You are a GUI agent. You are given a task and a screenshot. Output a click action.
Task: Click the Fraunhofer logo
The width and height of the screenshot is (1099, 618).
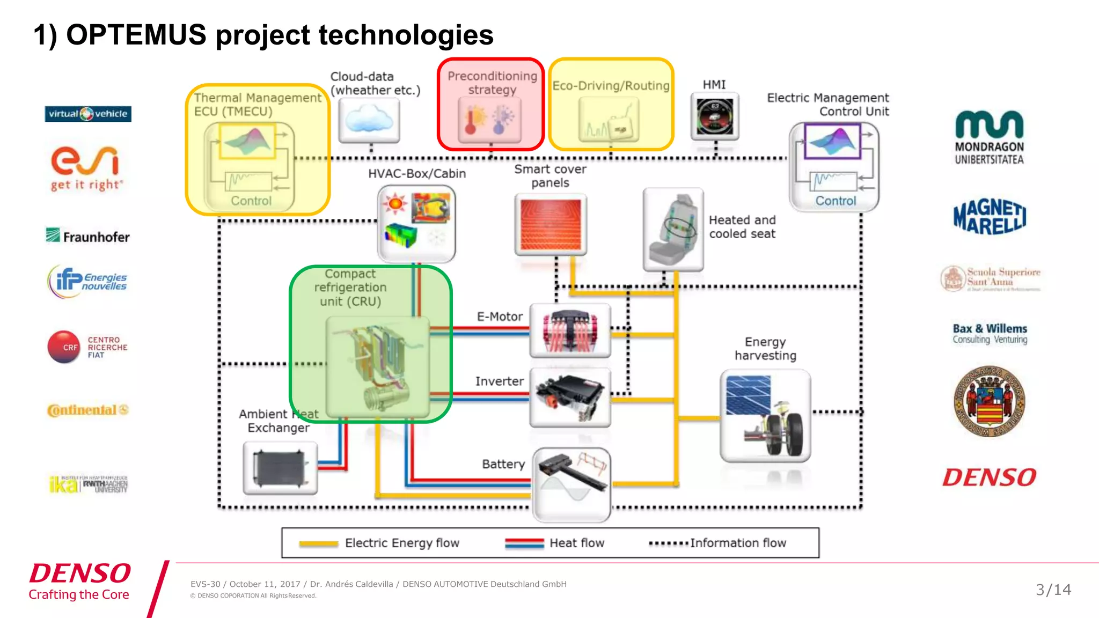(88, 236)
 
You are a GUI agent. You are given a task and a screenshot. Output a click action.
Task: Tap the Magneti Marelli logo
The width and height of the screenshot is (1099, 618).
(990, 217)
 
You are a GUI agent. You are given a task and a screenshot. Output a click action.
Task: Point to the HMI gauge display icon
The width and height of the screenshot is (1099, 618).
(714, 116)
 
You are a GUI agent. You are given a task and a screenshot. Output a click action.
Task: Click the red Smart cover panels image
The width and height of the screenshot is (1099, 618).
(551, 224)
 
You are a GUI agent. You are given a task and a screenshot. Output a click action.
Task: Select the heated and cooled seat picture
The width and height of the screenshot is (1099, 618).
(673, 229)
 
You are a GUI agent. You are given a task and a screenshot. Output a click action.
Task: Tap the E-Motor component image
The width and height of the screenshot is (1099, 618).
(570, 330)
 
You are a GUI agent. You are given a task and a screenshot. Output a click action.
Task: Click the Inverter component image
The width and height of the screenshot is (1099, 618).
(570, 398)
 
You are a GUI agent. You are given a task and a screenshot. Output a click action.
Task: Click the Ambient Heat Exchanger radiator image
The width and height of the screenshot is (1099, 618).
(280, 468)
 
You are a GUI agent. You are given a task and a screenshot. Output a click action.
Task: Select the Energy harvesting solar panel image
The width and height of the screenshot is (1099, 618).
(765, 416)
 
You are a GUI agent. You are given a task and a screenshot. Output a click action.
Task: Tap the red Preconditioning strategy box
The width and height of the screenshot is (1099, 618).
(491, 105)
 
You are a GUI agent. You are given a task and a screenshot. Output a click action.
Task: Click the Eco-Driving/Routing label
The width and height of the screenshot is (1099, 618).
(611, 86)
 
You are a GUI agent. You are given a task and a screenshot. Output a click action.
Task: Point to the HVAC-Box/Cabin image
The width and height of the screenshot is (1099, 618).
(416, 223)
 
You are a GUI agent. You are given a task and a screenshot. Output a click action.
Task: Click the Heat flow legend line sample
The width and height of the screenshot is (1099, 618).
(524, 543)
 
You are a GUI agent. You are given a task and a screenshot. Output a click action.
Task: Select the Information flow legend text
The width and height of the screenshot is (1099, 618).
(738, 543)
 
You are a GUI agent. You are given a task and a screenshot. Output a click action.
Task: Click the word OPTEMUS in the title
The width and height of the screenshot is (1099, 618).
(136, 35)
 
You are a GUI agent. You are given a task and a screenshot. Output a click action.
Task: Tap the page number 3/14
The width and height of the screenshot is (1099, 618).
(1053, 590)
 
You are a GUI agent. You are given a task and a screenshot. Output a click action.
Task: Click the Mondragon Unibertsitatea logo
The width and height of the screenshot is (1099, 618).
(989, 137)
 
